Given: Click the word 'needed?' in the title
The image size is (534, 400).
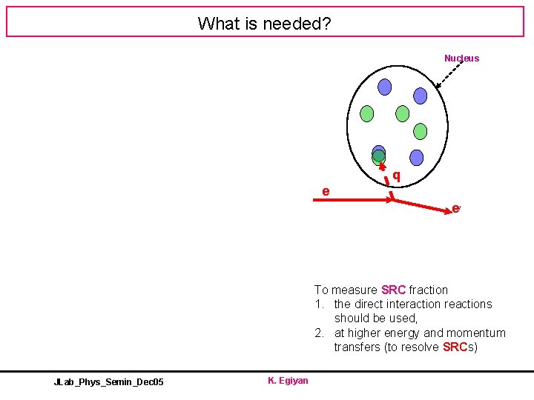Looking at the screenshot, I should pos(299,24).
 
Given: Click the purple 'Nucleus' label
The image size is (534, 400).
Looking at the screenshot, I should pos(461,59).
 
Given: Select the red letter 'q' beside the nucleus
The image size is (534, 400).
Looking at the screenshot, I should pos(397,176).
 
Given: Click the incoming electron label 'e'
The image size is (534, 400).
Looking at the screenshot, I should pos(326,192).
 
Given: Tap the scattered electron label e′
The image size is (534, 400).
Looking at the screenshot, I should pos(457,209).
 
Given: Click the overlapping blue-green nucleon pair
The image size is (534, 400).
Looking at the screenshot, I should pos(379,154).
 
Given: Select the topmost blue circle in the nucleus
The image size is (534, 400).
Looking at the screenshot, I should pos(384,87).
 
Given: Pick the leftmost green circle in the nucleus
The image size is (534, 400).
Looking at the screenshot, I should pos(366,113).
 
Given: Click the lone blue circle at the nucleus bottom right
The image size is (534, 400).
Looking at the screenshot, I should pos(417,157).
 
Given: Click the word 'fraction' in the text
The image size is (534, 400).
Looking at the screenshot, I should pos(429,290).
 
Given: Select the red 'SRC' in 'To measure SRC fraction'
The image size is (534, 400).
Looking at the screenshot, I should pos(393,290).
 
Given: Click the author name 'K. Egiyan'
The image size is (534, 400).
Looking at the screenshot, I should pos(288,381).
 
